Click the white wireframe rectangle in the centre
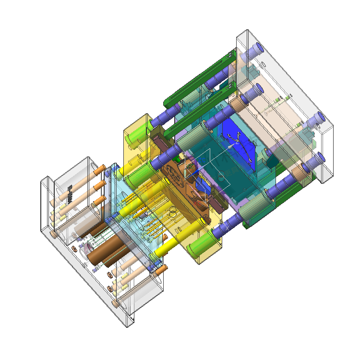point(211,163)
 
